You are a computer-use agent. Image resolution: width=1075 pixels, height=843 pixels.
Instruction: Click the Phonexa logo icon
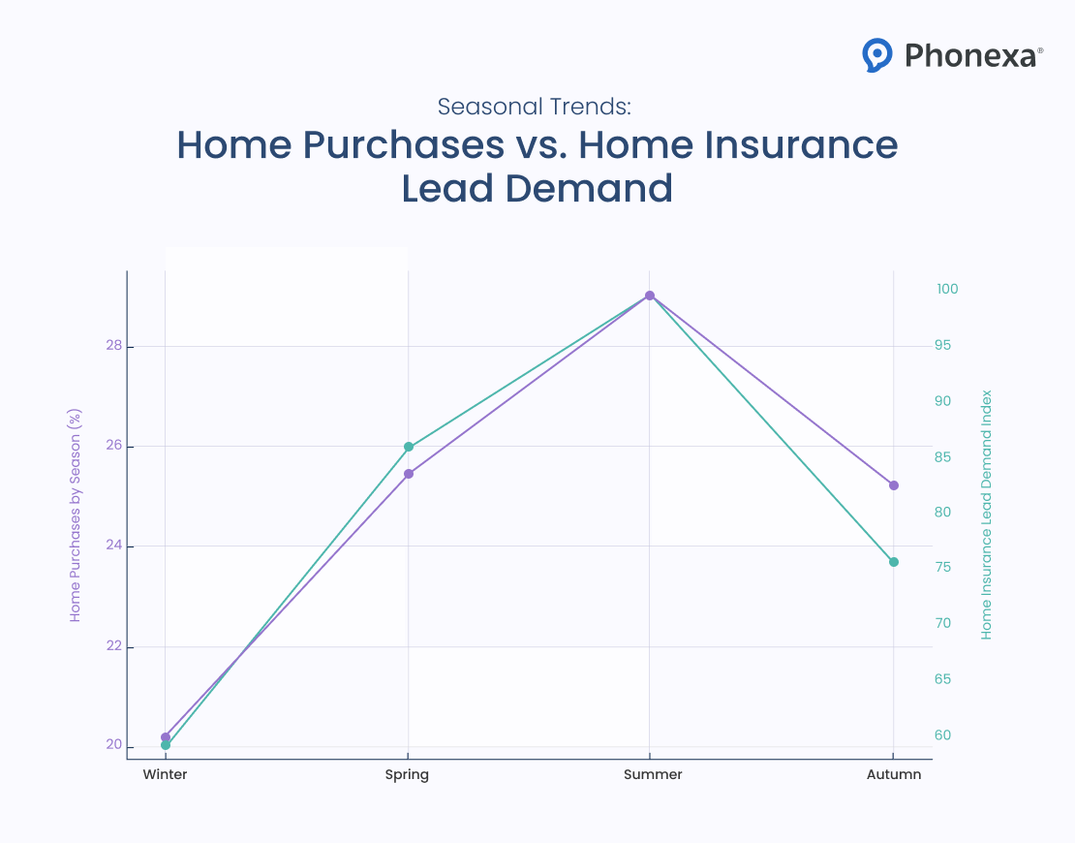click(876, 55)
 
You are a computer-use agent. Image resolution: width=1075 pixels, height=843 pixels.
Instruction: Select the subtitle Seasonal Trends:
click(535, 106)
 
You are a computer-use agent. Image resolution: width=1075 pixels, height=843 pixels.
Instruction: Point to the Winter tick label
click(165, 775)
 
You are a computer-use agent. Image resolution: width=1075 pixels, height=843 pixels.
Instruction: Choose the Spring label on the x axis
click(407, 775)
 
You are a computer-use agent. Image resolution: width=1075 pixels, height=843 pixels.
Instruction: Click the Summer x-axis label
click(653, 775)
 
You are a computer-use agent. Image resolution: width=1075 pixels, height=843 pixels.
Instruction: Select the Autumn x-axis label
click(894, 775)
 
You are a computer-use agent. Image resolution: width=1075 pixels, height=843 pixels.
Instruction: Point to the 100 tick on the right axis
click(947, 290)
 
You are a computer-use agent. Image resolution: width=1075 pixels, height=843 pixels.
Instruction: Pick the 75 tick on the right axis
click(942, 568)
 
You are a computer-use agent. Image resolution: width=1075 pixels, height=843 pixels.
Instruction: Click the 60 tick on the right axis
click(942, 735)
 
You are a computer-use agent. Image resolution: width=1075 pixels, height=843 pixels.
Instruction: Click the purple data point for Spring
click(409, 474)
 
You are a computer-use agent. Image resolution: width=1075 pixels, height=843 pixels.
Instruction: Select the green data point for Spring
click(409, 447)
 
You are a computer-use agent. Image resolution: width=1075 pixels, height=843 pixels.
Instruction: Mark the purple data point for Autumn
click(894, 484)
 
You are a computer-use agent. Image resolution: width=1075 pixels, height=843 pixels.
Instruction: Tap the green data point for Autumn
click(894, 562)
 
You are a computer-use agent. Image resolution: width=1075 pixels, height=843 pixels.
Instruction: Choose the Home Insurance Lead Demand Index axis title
click(987, 515)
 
